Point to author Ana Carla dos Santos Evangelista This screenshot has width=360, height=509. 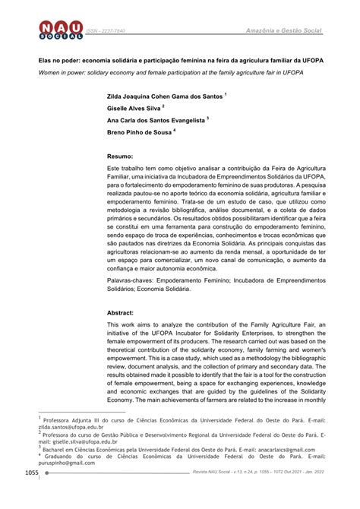point(156,121)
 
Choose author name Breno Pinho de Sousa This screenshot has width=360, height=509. point(141,132)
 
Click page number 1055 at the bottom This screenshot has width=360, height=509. point(30,495)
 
